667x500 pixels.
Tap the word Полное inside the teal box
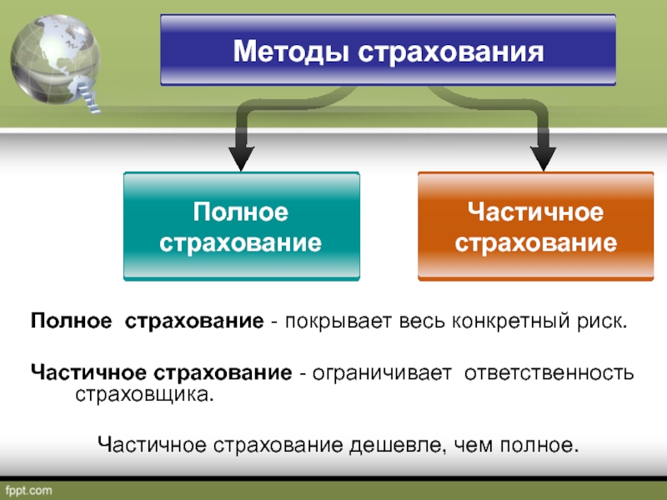pyautogui.click(x=241, y=213)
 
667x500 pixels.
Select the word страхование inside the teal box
pyautogui.click(x=241, y=243)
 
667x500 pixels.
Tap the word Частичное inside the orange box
pyautogui.click(x=535, y=213)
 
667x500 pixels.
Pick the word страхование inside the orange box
pyautogui.click(x=535, y=243)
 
